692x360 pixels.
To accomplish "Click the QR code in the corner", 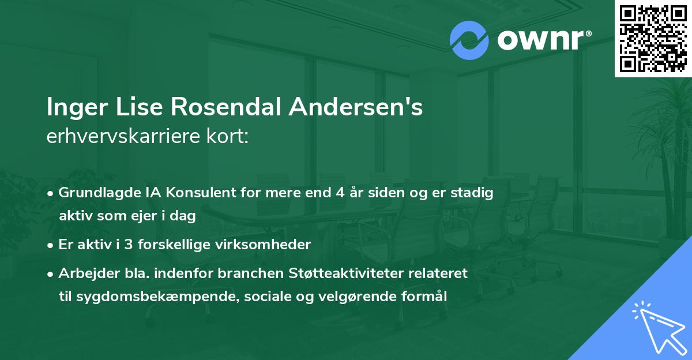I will [x=653, y=38].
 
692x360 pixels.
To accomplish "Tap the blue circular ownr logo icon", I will [x=469, y=40].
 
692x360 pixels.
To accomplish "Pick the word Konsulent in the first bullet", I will [x=180, y=193].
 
